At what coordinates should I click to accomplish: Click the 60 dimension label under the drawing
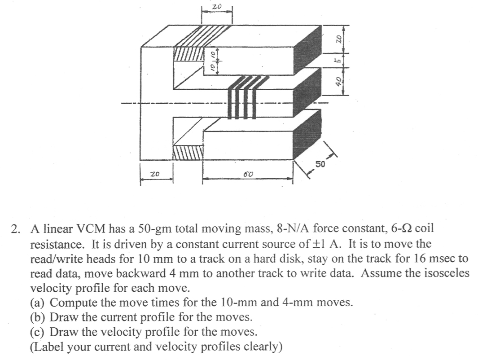(x=247, y=174)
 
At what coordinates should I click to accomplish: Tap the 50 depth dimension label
(x=320, y=164)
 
